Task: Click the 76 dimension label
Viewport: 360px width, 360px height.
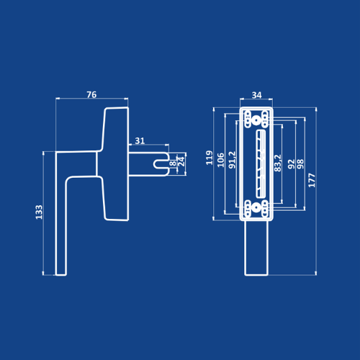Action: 91,94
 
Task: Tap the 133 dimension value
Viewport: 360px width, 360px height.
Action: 39,212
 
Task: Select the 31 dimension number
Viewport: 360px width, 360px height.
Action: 140,140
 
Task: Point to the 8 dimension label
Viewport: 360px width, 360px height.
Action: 173,163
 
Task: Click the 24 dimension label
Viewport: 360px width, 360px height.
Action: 181,162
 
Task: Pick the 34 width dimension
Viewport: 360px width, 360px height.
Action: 256,95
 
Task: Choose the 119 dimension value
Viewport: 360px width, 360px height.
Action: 210,158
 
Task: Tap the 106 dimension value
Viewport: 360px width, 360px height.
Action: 220,160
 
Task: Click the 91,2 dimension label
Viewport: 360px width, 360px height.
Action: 232,160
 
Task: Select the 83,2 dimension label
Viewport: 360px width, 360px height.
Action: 278,163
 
